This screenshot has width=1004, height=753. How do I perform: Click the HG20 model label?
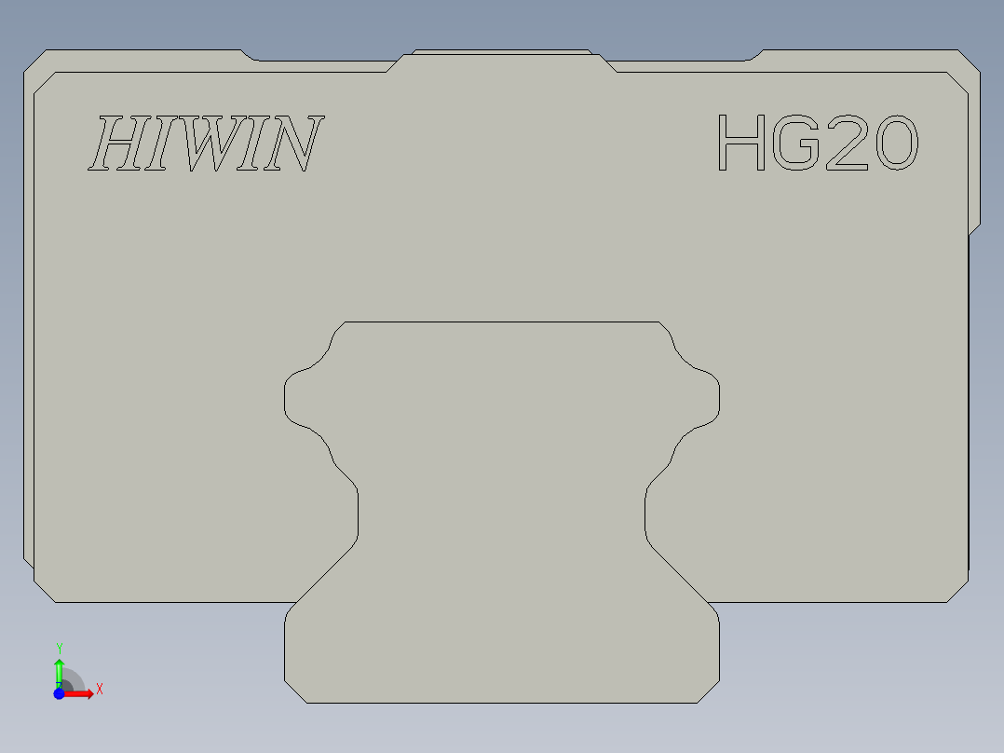pos(817,143)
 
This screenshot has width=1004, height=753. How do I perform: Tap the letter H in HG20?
pos(741,143)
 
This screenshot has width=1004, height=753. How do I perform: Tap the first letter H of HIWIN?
pos(116,144)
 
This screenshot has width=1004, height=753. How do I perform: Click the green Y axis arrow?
pos(59,670)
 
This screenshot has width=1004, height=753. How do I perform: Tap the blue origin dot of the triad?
pos(59,694)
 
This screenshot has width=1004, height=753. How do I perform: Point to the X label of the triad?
pos(100,689)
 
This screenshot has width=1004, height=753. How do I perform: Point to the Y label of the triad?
pos(59,648)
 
